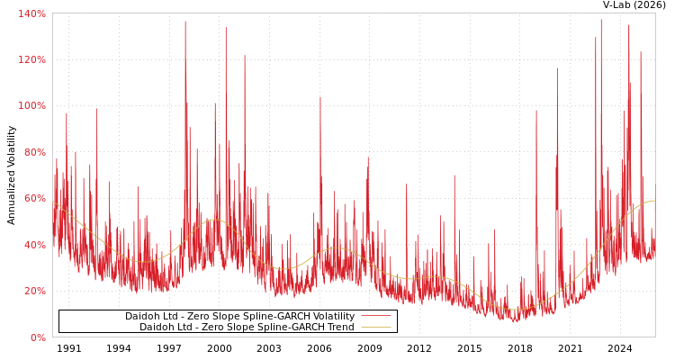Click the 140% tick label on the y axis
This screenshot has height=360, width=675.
tap(32, 13)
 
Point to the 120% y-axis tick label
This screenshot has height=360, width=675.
tap(32, 59)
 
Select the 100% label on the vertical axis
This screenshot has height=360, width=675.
tap(32, 105)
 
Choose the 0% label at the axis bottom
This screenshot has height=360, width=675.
tap(38, 337)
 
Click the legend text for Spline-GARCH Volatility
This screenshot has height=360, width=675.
tap(239, 316)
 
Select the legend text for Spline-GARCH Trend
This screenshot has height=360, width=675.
tap(247, 327)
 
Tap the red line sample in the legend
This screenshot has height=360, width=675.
tap(375, 316)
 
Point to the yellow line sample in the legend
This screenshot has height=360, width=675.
tap(375, 327)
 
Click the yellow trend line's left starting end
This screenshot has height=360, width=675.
tap(53, 201)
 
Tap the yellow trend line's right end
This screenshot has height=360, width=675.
tap(654, 201)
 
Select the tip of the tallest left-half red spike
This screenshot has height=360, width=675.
tap(185, 22)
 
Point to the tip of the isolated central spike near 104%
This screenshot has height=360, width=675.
tap(319, 97)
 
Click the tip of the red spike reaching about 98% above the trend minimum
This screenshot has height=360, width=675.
tap(536, 111)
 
